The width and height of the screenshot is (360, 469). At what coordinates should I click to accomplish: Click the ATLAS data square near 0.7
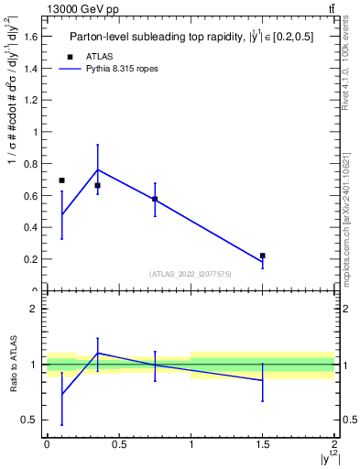click(61, 180)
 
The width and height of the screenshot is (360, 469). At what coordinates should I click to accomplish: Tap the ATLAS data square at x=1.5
click(263, 256)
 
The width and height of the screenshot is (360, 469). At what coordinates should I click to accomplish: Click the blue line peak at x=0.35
click(97, 169)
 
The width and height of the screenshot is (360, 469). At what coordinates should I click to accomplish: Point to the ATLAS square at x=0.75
click(155, 199)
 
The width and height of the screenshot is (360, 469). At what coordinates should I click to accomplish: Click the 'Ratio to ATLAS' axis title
click(12, 365)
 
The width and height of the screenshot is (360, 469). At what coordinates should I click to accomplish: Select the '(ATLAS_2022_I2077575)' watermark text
click(191, 274)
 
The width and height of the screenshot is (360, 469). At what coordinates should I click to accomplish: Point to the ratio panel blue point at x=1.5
click(263, 380)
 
